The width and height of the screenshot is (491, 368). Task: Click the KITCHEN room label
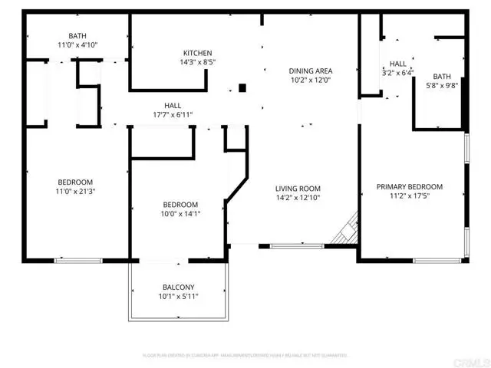pos(197,53)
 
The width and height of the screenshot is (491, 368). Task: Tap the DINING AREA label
pos(311,71)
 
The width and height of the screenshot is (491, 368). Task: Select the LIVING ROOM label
pos(298,188)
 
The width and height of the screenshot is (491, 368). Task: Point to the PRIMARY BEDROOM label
pos(409,186)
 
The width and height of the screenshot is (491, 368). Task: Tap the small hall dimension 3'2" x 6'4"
pos(397,74)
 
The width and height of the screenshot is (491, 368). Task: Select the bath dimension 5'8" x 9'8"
pos(442,86)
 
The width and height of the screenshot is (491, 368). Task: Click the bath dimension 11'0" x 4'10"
pos(77,46)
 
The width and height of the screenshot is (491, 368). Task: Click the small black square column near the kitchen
pos(242,87)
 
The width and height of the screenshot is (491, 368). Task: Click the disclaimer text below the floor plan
pos(245,356)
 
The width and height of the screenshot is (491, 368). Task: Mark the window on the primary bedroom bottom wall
pos(434,261)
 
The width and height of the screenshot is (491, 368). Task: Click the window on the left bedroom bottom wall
pos(78,261)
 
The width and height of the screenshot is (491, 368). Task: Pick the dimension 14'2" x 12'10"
pos(298,198)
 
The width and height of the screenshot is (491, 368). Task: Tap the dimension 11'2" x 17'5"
pos(409,196)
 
